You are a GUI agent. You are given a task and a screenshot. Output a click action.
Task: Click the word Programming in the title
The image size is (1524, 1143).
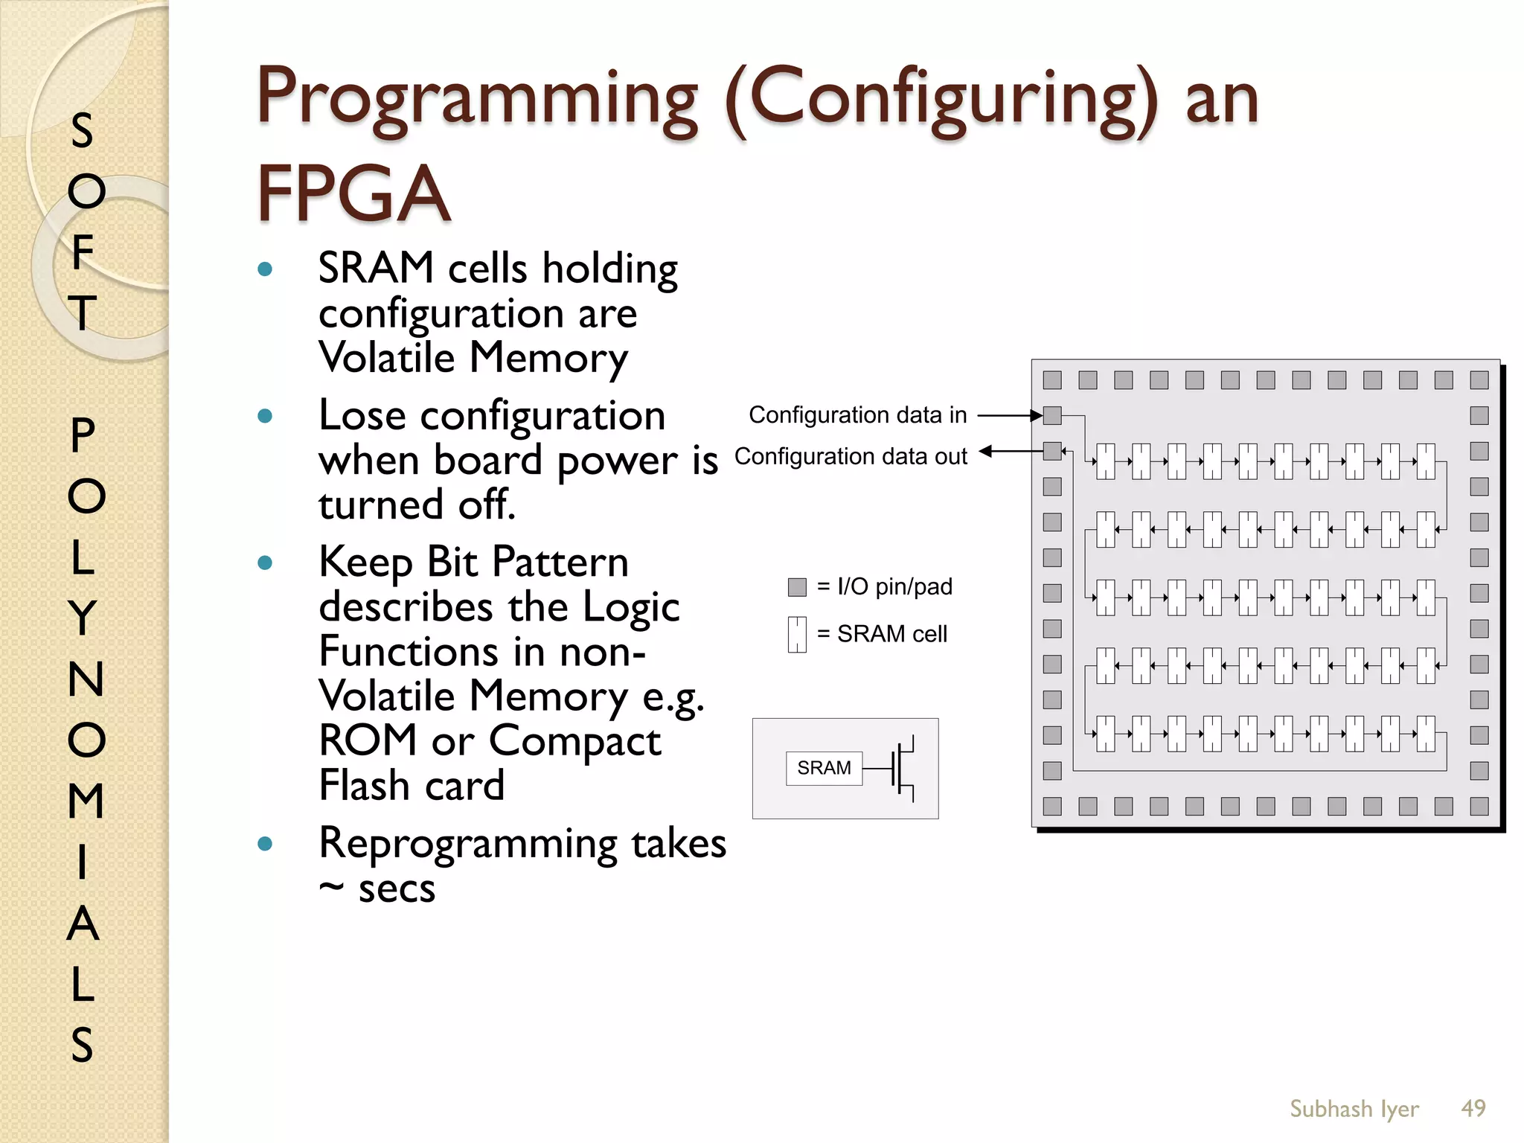477,100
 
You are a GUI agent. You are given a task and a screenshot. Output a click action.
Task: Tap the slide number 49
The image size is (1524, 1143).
1473,1108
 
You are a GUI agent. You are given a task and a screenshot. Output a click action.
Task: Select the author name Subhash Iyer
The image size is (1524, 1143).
1354,1109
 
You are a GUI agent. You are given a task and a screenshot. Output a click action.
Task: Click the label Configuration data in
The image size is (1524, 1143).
857,414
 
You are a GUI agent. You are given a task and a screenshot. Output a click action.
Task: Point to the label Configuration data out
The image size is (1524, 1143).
851,456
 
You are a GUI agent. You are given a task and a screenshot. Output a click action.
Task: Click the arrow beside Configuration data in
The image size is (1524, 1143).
1009,415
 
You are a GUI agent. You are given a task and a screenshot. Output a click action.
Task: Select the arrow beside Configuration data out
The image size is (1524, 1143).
1009,451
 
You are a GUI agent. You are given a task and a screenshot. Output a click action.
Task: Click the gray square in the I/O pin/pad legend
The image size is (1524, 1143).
797,587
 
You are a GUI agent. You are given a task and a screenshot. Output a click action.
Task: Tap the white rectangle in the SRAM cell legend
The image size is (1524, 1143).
797,634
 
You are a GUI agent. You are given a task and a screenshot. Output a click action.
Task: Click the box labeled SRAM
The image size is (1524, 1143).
824,768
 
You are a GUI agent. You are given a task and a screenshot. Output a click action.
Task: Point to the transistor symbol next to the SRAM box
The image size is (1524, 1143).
901,769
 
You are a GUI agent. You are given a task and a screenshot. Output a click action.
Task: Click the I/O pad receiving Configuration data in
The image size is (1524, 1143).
1052,415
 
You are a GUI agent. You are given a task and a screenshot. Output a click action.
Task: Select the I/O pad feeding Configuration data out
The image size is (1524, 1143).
1052,451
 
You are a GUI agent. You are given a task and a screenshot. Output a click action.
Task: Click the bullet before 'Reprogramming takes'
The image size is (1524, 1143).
265,844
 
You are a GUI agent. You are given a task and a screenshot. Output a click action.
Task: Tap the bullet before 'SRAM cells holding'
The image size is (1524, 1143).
265,269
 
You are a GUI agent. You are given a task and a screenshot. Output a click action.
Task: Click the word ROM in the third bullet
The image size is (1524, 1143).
368,740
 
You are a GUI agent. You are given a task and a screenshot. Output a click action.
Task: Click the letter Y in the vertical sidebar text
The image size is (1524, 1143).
83,617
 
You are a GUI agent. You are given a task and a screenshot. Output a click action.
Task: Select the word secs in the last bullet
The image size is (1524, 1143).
397,889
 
